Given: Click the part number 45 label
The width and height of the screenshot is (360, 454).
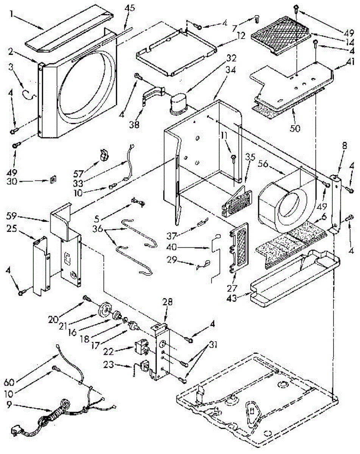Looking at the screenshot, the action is pos(130,8).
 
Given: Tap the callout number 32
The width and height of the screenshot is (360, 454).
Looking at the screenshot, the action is pos(231,59).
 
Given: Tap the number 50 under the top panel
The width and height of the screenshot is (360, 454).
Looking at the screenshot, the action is pos(295,128).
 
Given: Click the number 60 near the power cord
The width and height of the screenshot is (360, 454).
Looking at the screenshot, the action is pos(9,382).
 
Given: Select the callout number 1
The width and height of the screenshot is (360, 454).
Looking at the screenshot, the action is pos(12,14).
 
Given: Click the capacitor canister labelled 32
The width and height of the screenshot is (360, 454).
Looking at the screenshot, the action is pos(179,104).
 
